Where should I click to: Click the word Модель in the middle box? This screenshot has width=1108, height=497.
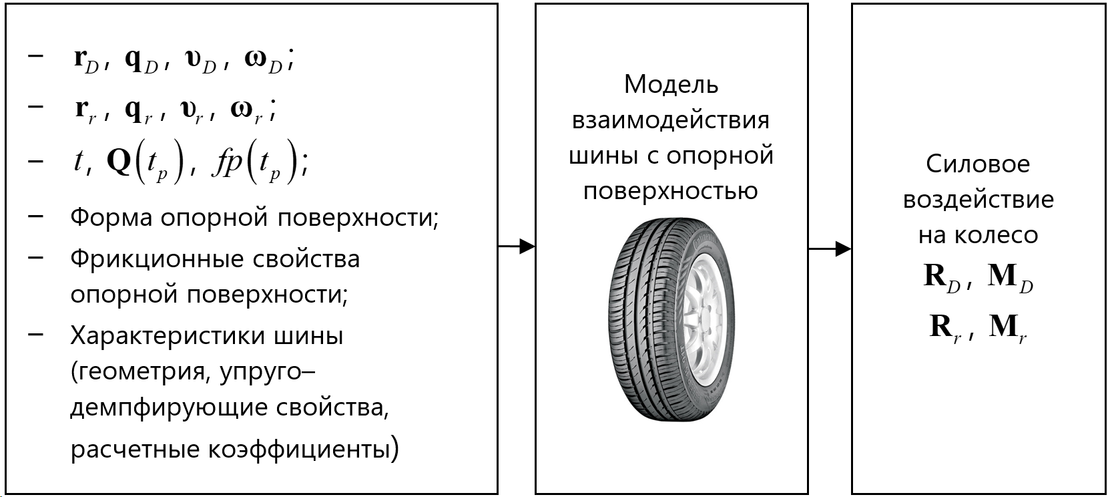(x=671, y=85)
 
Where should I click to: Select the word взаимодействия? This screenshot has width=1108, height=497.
(x=671, y=120)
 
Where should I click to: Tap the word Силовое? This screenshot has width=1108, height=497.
(x=978, y=164)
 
